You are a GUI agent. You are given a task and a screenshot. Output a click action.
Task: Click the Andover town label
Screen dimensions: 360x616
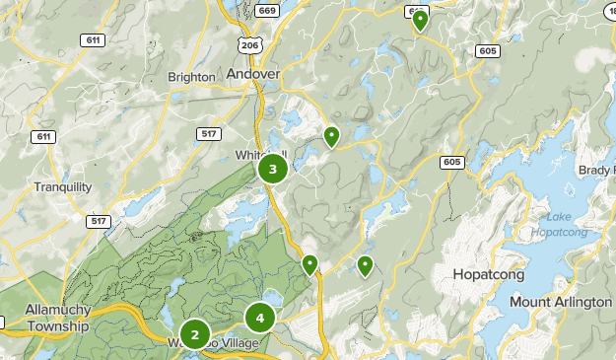pyautogui.click(x=253, y=73)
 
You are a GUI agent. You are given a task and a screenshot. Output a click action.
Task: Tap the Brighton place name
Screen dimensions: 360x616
pyautogui.click(x=191, y=77)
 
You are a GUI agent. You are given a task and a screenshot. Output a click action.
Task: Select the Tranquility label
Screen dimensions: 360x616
pyautogui.click(x=62, y=187)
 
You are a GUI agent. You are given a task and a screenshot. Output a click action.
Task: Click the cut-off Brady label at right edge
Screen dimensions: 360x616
pyautogui.click(x=596, y=170)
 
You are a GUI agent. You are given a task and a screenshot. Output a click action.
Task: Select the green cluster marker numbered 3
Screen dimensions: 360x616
pyautogui.click(x=273, y=170)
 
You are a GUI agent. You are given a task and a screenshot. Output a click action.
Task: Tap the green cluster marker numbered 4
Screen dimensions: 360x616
pyautogui.click(x=260, y=318)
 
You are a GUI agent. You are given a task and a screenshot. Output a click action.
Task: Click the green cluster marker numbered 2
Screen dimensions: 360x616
pyautogui.click(x=195, y=335)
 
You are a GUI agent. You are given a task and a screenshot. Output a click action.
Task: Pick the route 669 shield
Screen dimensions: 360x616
pyautogui.click(x=266, y=11)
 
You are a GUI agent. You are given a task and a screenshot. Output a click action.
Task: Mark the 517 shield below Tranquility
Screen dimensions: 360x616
pyautogui.click(x=99, y=222)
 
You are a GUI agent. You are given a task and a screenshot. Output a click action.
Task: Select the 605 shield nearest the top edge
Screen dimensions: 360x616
pyautogui.click(x=485, y=49)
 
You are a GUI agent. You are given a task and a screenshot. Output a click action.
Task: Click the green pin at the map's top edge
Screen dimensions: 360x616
pyautogui.click(x=420, y=20)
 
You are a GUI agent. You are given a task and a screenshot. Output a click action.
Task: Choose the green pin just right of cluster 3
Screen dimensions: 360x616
pyautogui.click(x=332, y=136)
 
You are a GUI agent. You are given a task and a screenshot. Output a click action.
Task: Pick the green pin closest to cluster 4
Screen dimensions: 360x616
pyautogui.click(x=309, y=264)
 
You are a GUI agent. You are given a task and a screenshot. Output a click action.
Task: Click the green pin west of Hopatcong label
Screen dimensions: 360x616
pyautogui.click(x=366, y=264)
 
